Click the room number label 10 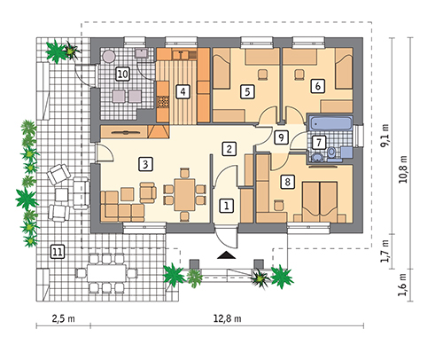point(122,74)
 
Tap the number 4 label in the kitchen point(183,91)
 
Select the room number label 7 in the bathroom point(319,143)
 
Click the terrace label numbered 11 point(57,252)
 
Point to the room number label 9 point(281,137)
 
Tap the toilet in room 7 point(331,154)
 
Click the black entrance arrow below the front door point(227,255)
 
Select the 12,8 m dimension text point(227,319)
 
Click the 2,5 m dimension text point(63,319)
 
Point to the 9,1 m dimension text point(385,136)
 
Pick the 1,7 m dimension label point(385,251)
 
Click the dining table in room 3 point(184,194)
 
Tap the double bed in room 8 point(320,202)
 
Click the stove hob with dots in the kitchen point(163,102)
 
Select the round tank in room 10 point(108,56)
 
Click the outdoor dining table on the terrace point(106,273)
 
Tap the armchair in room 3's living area point(148,192)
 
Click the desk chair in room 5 point(262,74)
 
